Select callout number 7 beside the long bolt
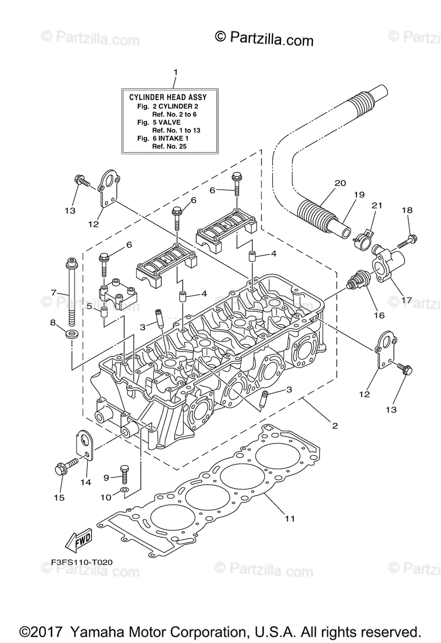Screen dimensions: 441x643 [x=54, y=293]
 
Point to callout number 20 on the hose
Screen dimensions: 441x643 [x=340, y=183]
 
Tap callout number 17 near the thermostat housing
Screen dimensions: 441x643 [x=407, y=300]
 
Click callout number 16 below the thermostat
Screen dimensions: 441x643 [x=379, y=315]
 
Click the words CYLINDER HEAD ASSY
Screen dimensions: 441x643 [x=168, y=97]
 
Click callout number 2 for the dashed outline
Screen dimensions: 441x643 [x=335, y=425]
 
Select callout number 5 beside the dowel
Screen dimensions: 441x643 [x=89, y=306]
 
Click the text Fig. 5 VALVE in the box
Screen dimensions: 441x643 [x=159, y=122]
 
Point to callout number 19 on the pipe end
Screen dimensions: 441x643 [x=359, y=195]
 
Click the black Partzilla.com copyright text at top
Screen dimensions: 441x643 [x=264, y=39]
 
